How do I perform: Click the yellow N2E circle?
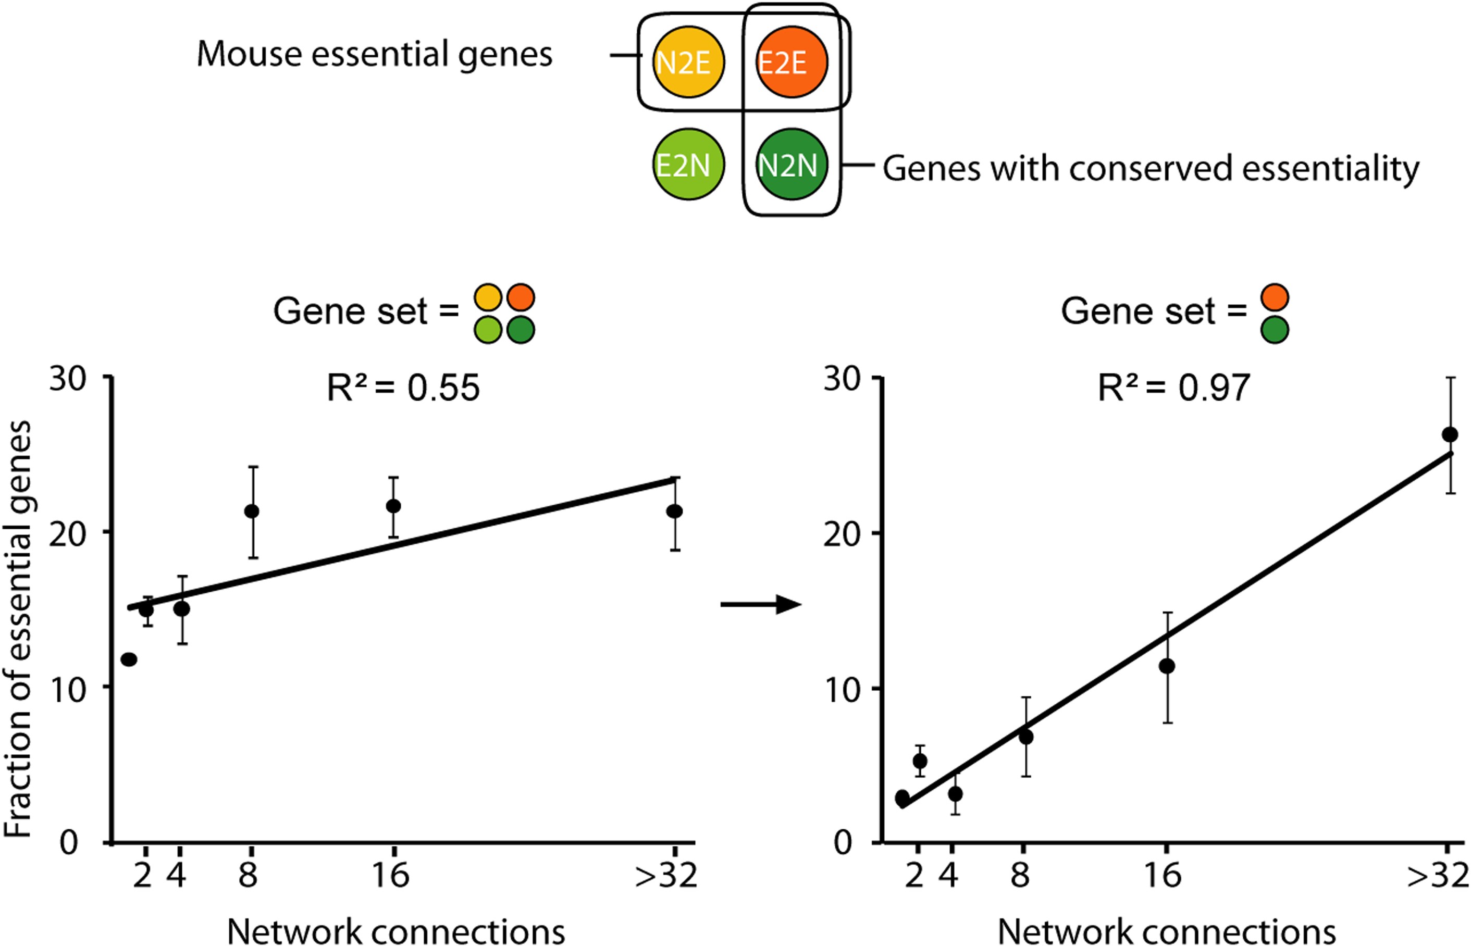pyautogui.click(x=688, y=62)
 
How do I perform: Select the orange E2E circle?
pyautogui.click(x=791, y=62)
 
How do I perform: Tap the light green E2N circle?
pyautogui.click(x=688, y=164)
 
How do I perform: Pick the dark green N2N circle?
pyautogui.click(x=791, y=164)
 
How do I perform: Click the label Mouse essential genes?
pyautogui.click(x=374, y=55)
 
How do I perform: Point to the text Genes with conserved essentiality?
pyautogui.click(x=1151, y=168)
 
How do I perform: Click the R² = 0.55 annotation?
pyautogui.click(x=403, y=388)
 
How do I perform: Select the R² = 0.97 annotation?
pyautogui.click(x=1173, y=388)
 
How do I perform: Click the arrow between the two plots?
pyautogui.click(x=761, y=604)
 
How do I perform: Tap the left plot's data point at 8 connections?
pyautogui.click(x=252, y=511)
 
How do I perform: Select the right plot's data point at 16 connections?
pyautogui.click(x=1167, y=666)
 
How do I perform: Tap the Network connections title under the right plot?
pyautogui.click(x=1167, y=931)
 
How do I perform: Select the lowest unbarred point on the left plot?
pyautogui.click(x=129, y=660)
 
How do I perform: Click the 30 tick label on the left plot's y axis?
pyautogui.click(x=68, y=379)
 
